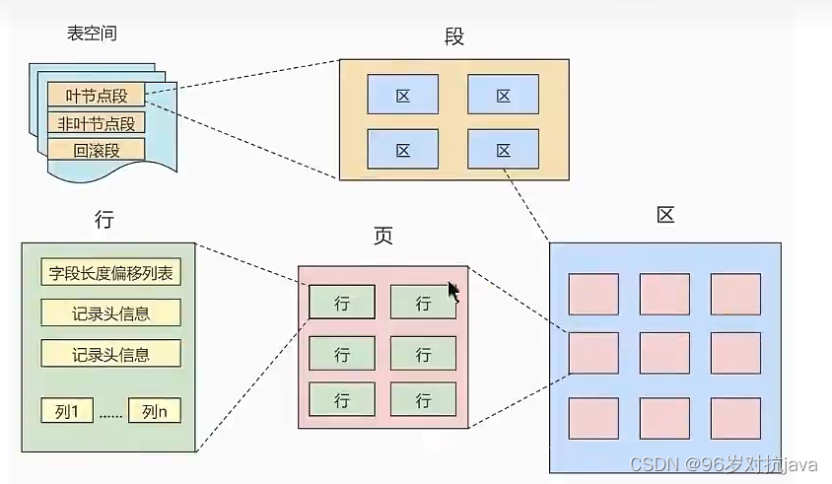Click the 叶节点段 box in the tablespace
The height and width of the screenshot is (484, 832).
96,96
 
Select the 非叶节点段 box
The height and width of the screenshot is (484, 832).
96,123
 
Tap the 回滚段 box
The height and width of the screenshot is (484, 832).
96,150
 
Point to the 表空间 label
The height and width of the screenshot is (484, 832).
92,34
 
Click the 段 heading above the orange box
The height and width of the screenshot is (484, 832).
453,37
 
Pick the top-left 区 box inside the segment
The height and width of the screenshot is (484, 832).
402,96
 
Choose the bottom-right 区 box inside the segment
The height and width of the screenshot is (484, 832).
503,150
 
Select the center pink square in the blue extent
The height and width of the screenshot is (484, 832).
664,353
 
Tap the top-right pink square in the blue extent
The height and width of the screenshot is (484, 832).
735,294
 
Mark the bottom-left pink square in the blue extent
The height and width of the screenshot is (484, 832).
593,418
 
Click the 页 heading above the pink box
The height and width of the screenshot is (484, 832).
382,237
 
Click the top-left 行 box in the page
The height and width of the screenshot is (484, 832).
342,303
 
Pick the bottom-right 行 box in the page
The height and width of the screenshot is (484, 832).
423,400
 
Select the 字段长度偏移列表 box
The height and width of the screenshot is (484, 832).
110,273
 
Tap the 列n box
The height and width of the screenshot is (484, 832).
155,411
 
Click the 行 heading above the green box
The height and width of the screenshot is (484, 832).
104,220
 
